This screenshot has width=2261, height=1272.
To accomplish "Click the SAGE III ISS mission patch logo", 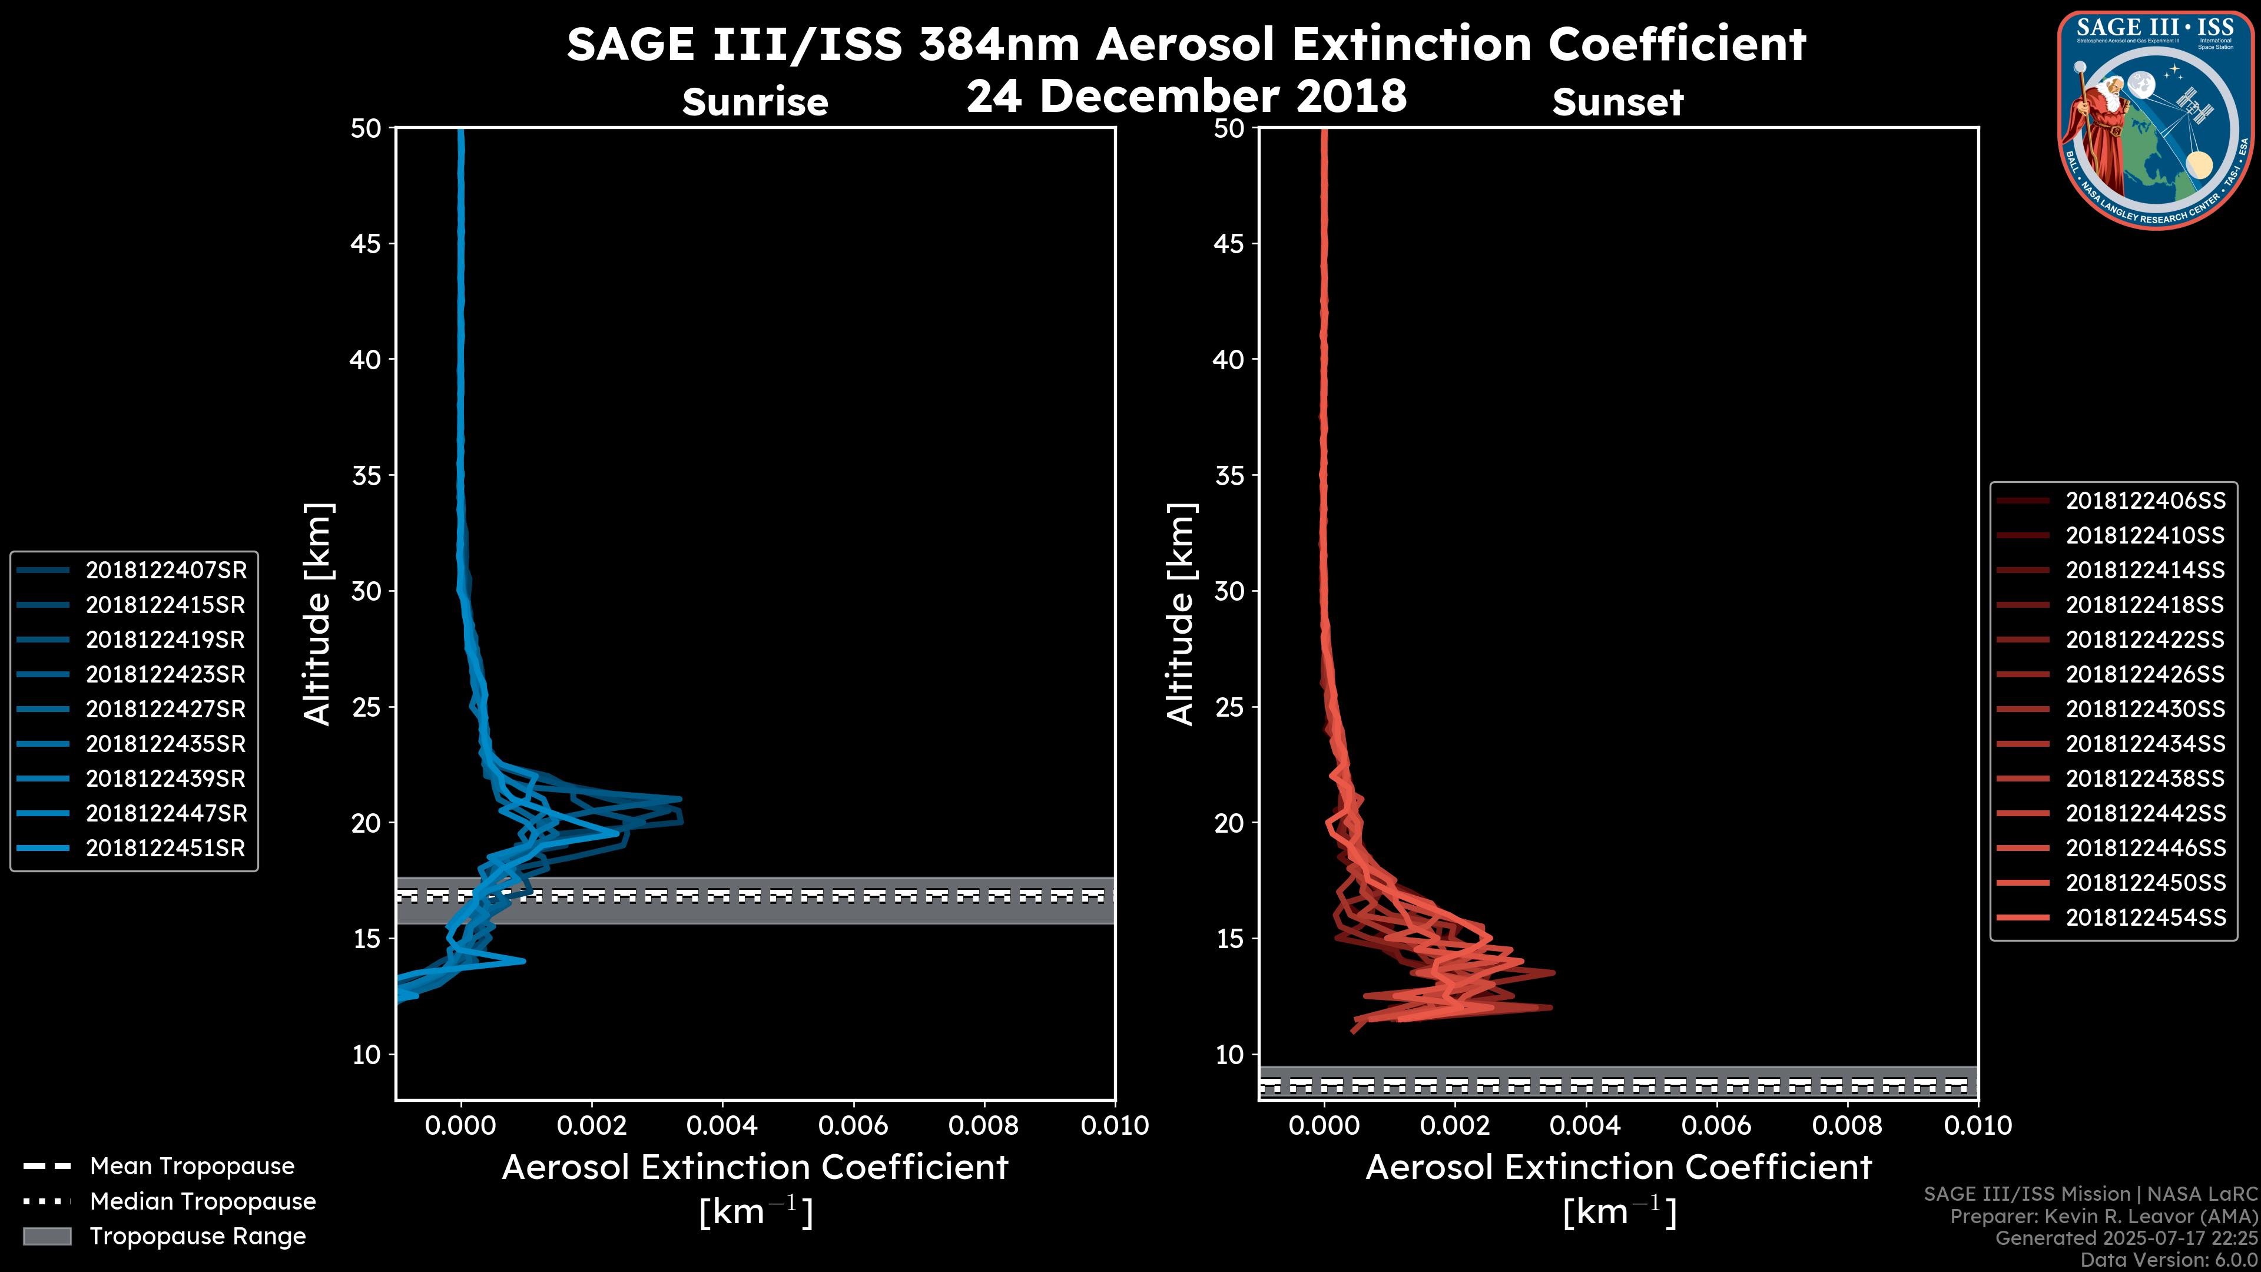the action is (2156, 120).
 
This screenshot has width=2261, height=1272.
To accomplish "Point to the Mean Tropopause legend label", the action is (192, 1166).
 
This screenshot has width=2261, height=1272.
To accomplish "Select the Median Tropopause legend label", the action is (203, 1201).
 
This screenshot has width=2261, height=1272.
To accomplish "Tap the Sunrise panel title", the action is (755, 102).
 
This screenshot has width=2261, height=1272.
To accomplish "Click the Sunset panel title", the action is (1617, 102).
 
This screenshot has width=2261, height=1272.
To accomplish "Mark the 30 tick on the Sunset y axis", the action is (1229, 591).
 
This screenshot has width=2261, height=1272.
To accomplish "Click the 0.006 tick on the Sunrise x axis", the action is (853, 1125).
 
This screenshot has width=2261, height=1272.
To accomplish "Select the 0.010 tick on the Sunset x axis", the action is (1978, 1125).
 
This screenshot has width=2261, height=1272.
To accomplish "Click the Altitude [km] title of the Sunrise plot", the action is (318, 614).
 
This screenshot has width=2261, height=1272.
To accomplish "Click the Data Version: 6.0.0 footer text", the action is (2170, 1261).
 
